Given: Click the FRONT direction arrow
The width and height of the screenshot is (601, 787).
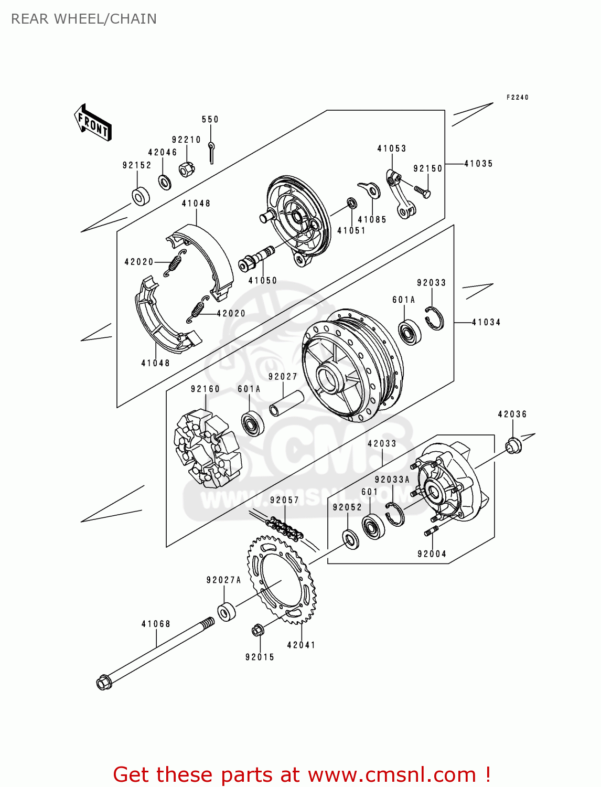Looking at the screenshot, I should pyautogui.click(x=93, y=122).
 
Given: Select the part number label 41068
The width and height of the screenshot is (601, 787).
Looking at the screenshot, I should pyautogui.click(x=156, y=624).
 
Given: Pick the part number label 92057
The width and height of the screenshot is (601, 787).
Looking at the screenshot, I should pyautogui.click(x=284, y=500).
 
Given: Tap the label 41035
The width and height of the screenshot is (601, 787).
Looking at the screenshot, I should pyautogui.click(x=478, y=164).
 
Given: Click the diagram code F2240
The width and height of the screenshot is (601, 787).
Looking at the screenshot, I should pyautogui.click(x=517, y=97).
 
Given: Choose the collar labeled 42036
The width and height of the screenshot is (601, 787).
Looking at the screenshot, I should pyautogui.click(x=513, y=445).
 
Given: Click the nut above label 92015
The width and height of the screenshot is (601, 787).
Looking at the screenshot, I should pyautogui.click(x=257, y=630).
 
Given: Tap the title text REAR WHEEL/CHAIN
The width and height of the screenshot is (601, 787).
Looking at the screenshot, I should pyautogui.click(x=84, y=19).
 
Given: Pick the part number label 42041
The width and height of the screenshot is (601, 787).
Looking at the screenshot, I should pyautogui.click(x=301, y=645).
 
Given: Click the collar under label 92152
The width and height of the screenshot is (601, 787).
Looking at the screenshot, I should pyautogui.click(x=140, y=196).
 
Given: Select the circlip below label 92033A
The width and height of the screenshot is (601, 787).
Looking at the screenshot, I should pyautogui.click(x=394, y=514).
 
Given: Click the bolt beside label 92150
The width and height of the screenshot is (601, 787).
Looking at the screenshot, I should pyautogui.click(x=422, y=192).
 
